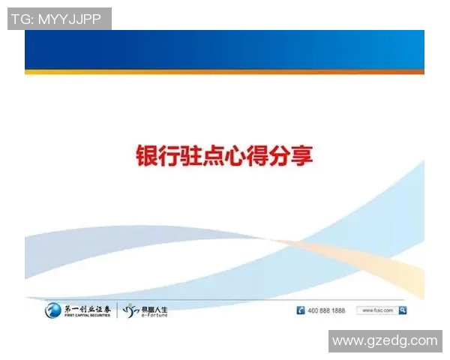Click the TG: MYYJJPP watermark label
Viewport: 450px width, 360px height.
(x=59, y=19)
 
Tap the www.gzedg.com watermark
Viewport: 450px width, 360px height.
(x=385, y=340)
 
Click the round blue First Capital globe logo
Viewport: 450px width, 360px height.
(x=54, y=310)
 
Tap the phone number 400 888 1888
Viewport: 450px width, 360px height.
(x=327, y=310)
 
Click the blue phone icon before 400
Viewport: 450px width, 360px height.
(x=301, y=310)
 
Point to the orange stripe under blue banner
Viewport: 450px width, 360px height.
(x=224, y=72)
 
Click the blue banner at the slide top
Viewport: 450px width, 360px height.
(x=224, y=49)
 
